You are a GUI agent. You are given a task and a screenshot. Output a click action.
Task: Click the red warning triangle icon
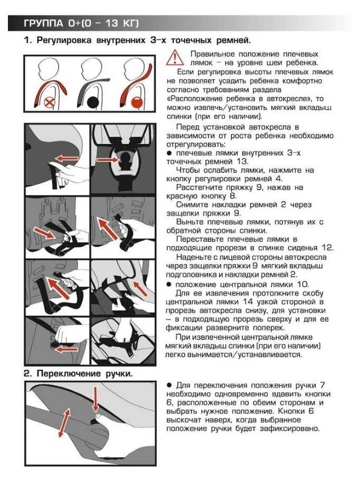coord(175,58)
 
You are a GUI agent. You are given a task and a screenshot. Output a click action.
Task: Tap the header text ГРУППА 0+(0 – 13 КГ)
coord(81,23)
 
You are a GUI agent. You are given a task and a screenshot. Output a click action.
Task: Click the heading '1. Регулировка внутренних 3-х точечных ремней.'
coord(137,41)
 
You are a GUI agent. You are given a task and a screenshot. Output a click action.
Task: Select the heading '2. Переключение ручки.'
coord(78,374)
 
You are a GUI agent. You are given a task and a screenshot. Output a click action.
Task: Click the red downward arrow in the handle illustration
coord(96,399)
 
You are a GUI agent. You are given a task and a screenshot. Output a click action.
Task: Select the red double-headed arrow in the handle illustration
coord(64,422)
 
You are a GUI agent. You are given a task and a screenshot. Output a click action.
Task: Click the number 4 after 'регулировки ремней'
coord(279,178)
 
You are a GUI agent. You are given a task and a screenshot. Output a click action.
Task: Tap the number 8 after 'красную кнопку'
coord(233,196)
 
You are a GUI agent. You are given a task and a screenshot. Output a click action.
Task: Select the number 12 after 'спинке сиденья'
coord(327,248)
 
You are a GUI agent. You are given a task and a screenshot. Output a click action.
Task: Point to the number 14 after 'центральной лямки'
coord(248,302)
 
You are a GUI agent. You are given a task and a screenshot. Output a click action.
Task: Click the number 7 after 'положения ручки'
coord(322,385)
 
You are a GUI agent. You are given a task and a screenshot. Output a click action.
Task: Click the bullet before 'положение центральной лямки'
coord(169,285)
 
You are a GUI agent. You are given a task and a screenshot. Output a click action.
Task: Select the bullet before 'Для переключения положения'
coord(169,385)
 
